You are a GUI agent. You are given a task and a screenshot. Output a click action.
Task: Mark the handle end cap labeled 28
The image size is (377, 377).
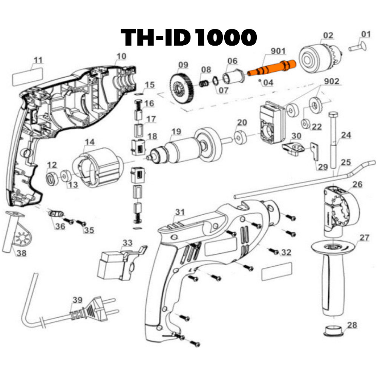334,332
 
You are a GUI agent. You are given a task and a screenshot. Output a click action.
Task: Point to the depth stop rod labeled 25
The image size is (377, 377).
302,181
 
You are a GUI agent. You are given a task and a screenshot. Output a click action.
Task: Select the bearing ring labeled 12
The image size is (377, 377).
52,178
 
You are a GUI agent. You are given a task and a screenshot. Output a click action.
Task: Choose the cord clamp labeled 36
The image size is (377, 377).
56,214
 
